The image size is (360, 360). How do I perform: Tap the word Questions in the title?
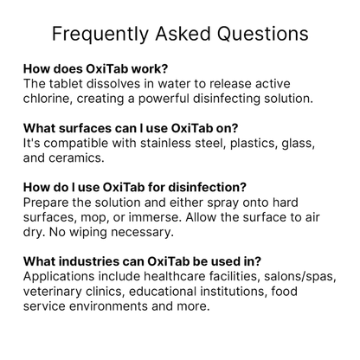[263, 35]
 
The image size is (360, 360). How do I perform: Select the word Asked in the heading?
[184, 35]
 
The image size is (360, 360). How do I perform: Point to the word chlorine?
[52, 99]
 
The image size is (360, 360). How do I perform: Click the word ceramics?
[77, 158]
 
